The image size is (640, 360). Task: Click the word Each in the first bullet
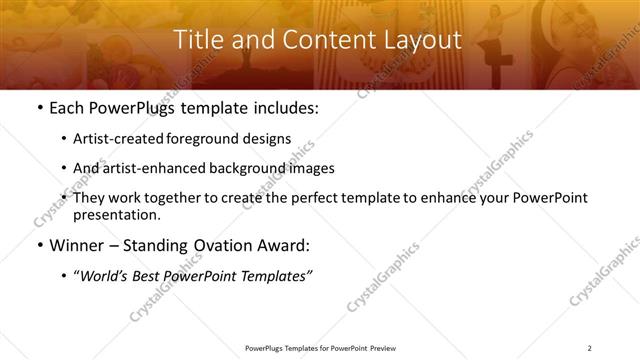click(67, 108)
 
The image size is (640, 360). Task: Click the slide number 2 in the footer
click(590, 348)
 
